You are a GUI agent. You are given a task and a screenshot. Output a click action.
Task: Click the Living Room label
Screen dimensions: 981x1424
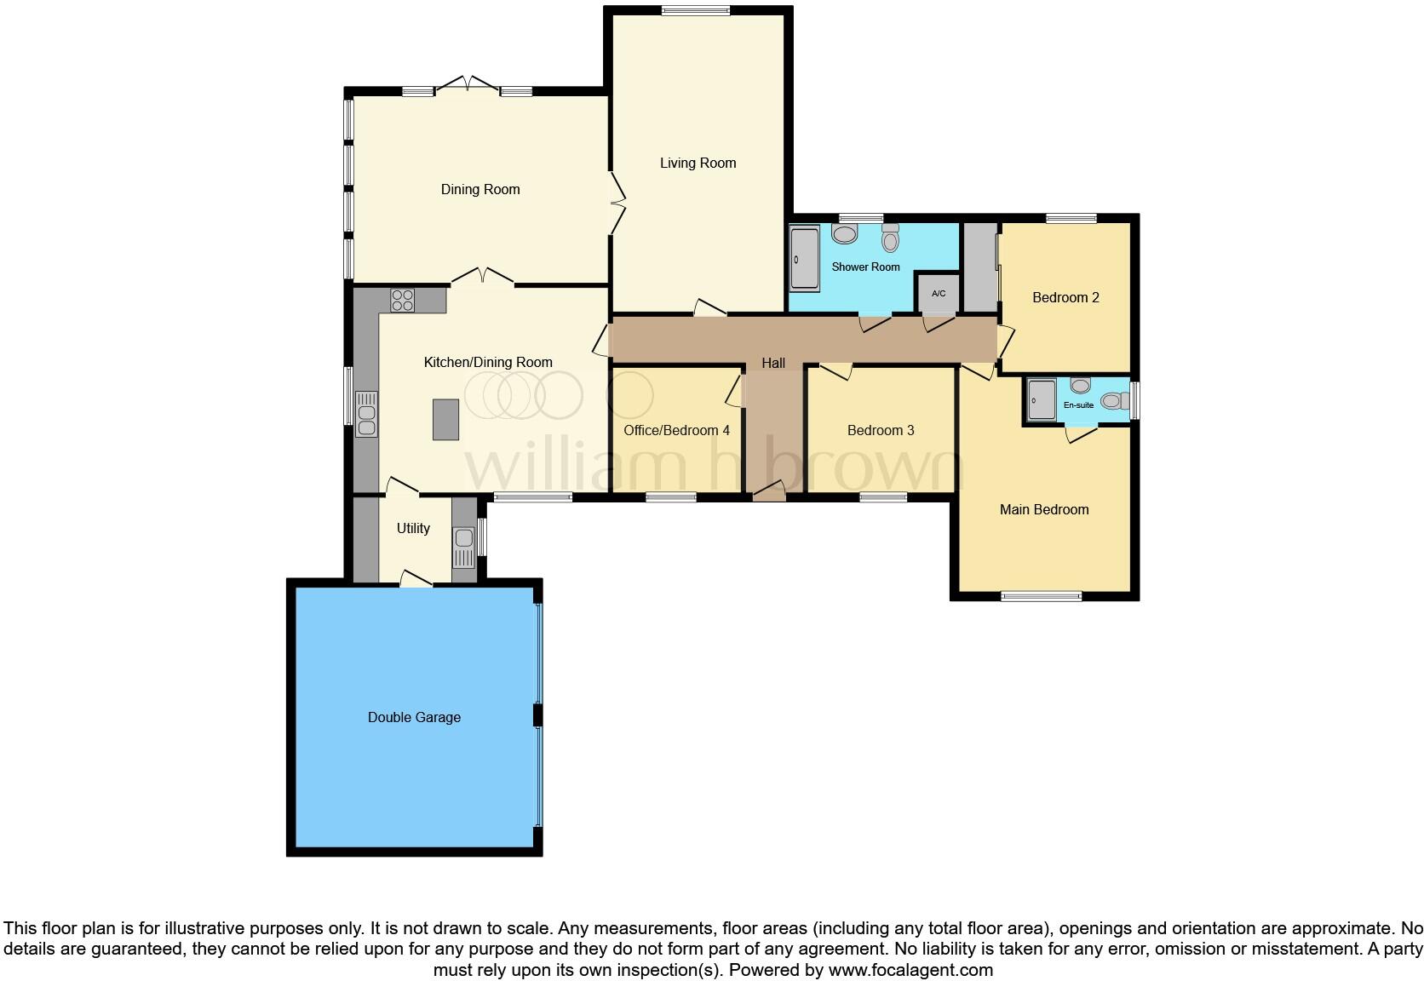[x=698, y=163]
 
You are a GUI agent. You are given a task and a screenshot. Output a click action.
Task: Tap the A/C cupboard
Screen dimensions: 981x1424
[x=938, y=293]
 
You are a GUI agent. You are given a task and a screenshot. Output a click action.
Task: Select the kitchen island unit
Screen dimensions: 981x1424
[x=445, y=419]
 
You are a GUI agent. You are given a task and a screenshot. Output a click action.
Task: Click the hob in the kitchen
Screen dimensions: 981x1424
[x=403, y=300]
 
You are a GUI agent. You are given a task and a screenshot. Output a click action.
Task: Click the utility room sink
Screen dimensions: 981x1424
[x=463, y=546]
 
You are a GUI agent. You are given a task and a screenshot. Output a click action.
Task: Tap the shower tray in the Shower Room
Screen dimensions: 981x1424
[x=804, y=258]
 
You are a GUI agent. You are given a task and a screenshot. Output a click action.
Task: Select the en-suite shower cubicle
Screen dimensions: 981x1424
[x=1041, y=399]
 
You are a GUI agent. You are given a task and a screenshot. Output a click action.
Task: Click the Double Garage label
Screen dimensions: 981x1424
[x=414, y=717]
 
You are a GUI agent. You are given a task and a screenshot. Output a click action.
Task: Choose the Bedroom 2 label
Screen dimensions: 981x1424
[x=1065, y=297]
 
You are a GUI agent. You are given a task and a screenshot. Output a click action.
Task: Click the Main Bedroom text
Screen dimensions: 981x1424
[x=1043, y=509]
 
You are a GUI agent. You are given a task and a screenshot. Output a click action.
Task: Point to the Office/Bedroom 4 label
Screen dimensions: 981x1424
[x=676, y=430]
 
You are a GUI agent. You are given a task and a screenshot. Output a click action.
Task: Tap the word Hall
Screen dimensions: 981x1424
[x=772, y=363]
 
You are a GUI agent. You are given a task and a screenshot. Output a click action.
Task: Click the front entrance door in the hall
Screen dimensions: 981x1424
[x=769, y=492]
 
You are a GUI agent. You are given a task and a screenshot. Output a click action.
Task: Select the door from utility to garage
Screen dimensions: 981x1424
[x=416, y=579]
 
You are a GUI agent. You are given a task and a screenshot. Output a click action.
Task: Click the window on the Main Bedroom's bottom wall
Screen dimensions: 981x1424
[x=1041, y=596]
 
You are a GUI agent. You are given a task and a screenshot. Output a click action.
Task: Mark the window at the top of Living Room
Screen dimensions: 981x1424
[x=695, y=11]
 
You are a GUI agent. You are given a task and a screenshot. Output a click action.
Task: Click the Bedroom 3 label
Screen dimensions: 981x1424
[x=881, y=430]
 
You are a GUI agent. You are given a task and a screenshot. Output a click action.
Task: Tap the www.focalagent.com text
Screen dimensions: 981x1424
[x=910, y=969]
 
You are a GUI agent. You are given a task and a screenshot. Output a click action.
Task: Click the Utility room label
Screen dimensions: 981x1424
[x=413, y=528]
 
